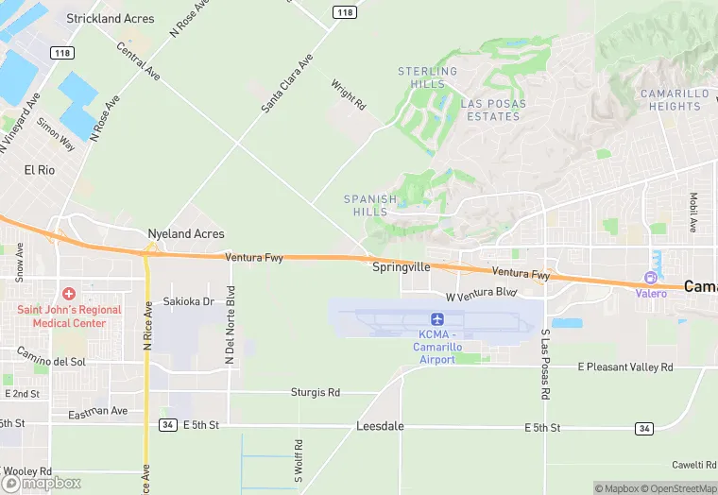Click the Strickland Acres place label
(x=110, y=18)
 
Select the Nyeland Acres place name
(x=185, y=233)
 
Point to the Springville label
(x=401, y=267)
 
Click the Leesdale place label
(x=380, y=426)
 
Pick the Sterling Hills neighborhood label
(x=427, y=77)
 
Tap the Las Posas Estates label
(x=490, y=110)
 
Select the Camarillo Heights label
(x=674, y=100)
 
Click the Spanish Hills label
(x=370, y=205)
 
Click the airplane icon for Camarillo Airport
(x=437, y=319)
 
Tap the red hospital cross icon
(x=69, y=295)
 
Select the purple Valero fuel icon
(x=650, y=278)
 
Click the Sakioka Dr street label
(x=188, y=301)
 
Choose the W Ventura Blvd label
(x=482, y=295)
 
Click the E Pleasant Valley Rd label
(x=624, y=367)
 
